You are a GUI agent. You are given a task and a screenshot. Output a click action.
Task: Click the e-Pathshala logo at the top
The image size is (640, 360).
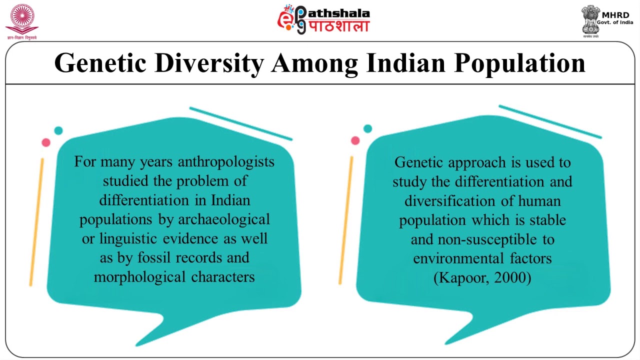(323, 20)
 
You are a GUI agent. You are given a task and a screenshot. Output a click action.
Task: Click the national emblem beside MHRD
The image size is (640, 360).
(590, 20)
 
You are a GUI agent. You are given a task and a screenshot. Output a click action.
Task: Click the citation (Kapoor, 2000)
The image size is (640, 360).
(482, 277)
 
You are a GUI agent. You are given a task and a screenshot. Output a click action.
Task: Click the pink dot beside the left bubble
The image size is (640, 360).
(46, 142)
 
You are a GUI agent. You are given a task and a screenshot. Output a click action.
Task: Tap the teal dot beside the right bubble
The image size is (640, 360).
(368, 128)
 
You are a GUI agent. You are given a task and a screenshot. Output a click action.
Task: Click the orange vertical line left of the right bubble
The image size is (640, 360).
(345, 220)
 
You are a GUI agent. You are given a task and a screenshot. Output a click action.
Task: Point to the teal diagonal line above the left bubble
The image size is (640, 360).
(240, 123)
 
